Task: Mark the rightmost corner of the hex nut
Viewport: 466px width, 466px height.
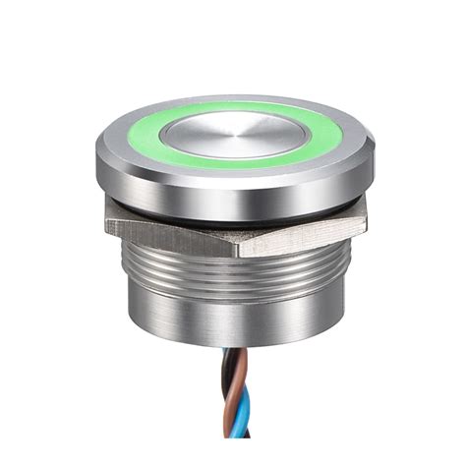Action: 366,221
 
